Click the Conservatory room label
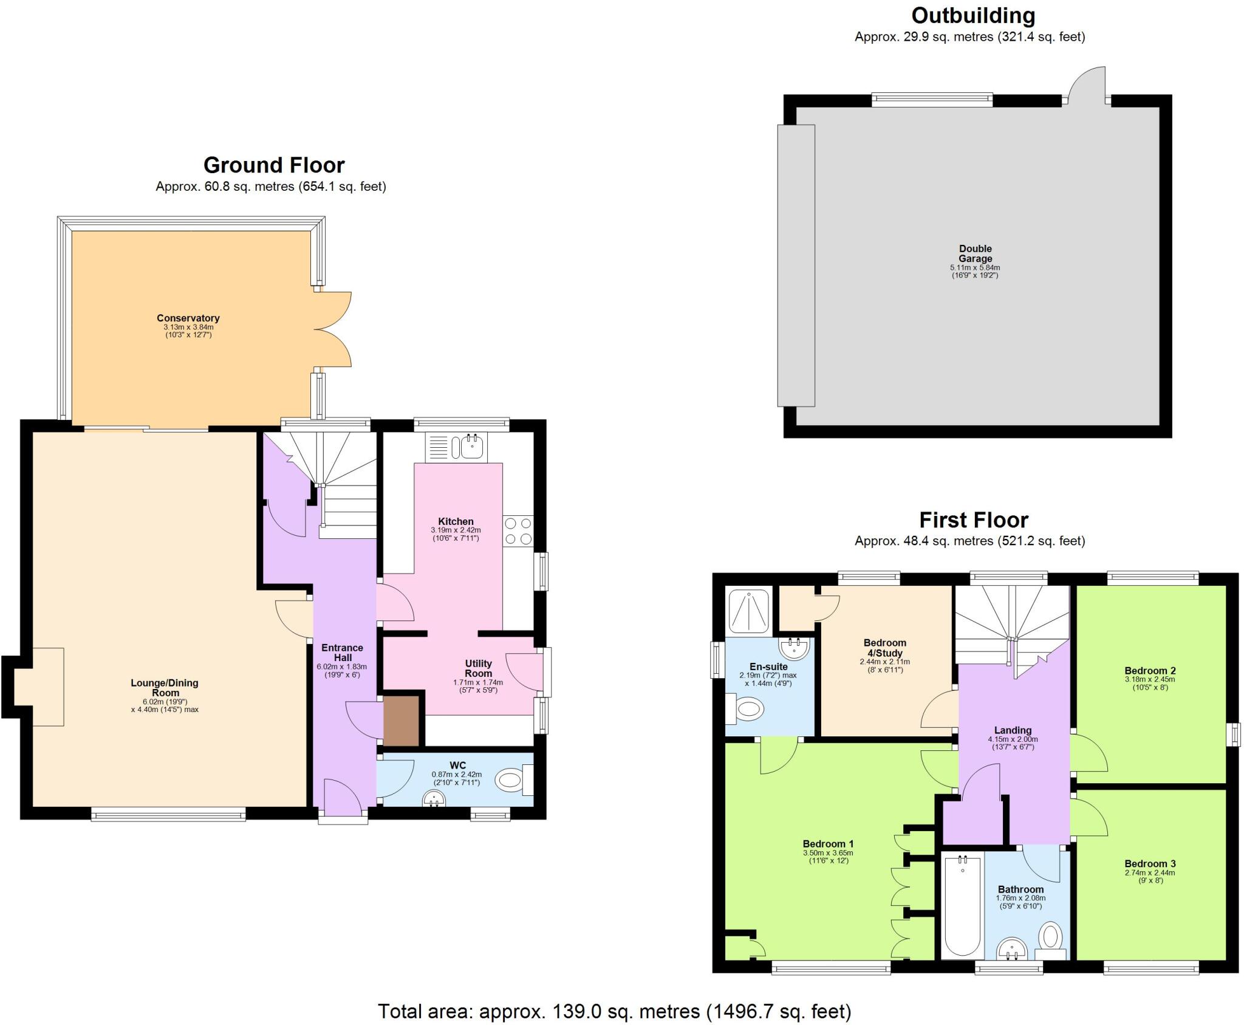pos(188,318)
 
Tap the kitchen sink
pos(471,448)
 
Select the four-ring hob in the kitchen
pos(518,530)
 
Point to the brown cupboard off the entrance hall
pos(402,721)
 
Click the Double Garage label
pos(975,253)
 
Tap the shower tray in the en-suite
pos(748,610)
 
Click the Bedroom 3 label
pos(1150,863)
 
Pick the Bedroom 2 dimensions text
pos(1150,684)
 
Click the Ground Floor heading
pos(274,165)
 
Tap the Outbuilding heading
pos(973,15)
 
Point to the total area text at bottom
pos(614,1011)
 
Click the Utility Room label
pos(478,668)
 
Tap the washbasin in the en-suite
pos(795,649)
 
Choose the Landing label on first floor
pos(1013,730)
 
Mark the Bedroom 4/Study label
pos(884,648)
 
